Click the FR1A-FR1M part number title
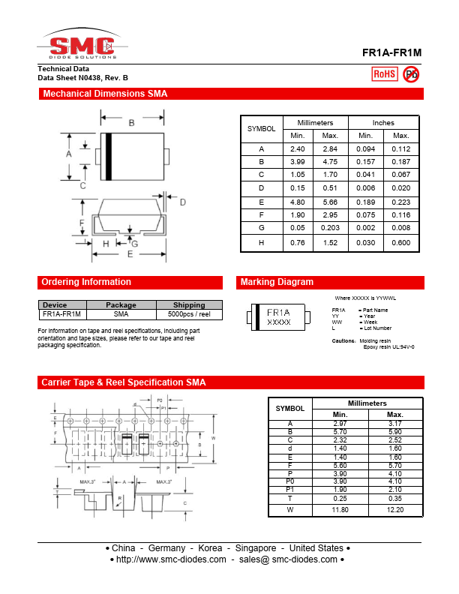(391, 54)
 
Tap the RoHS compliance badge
(385, 73)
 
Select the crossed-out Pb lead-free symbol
(411, 73)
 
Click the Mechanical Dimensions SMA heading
(104, 94)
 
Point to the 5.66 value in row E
(330, 202)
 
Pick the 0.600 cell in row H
(401, 243)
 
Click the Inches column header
(383, 122)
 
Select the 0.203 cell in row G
(330, 227)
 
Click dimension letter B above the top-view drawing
(131, 122)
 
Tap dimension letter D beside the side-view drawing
(182, 202)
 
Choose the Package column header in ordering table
(121, 304)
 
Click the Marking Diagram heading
(277, 282)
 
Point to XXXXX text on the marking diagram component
(279, 321)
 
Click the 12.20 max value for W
(394, 509)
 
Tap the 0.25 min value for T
(340, 498)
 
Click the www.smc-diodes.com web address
(171, 559)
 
